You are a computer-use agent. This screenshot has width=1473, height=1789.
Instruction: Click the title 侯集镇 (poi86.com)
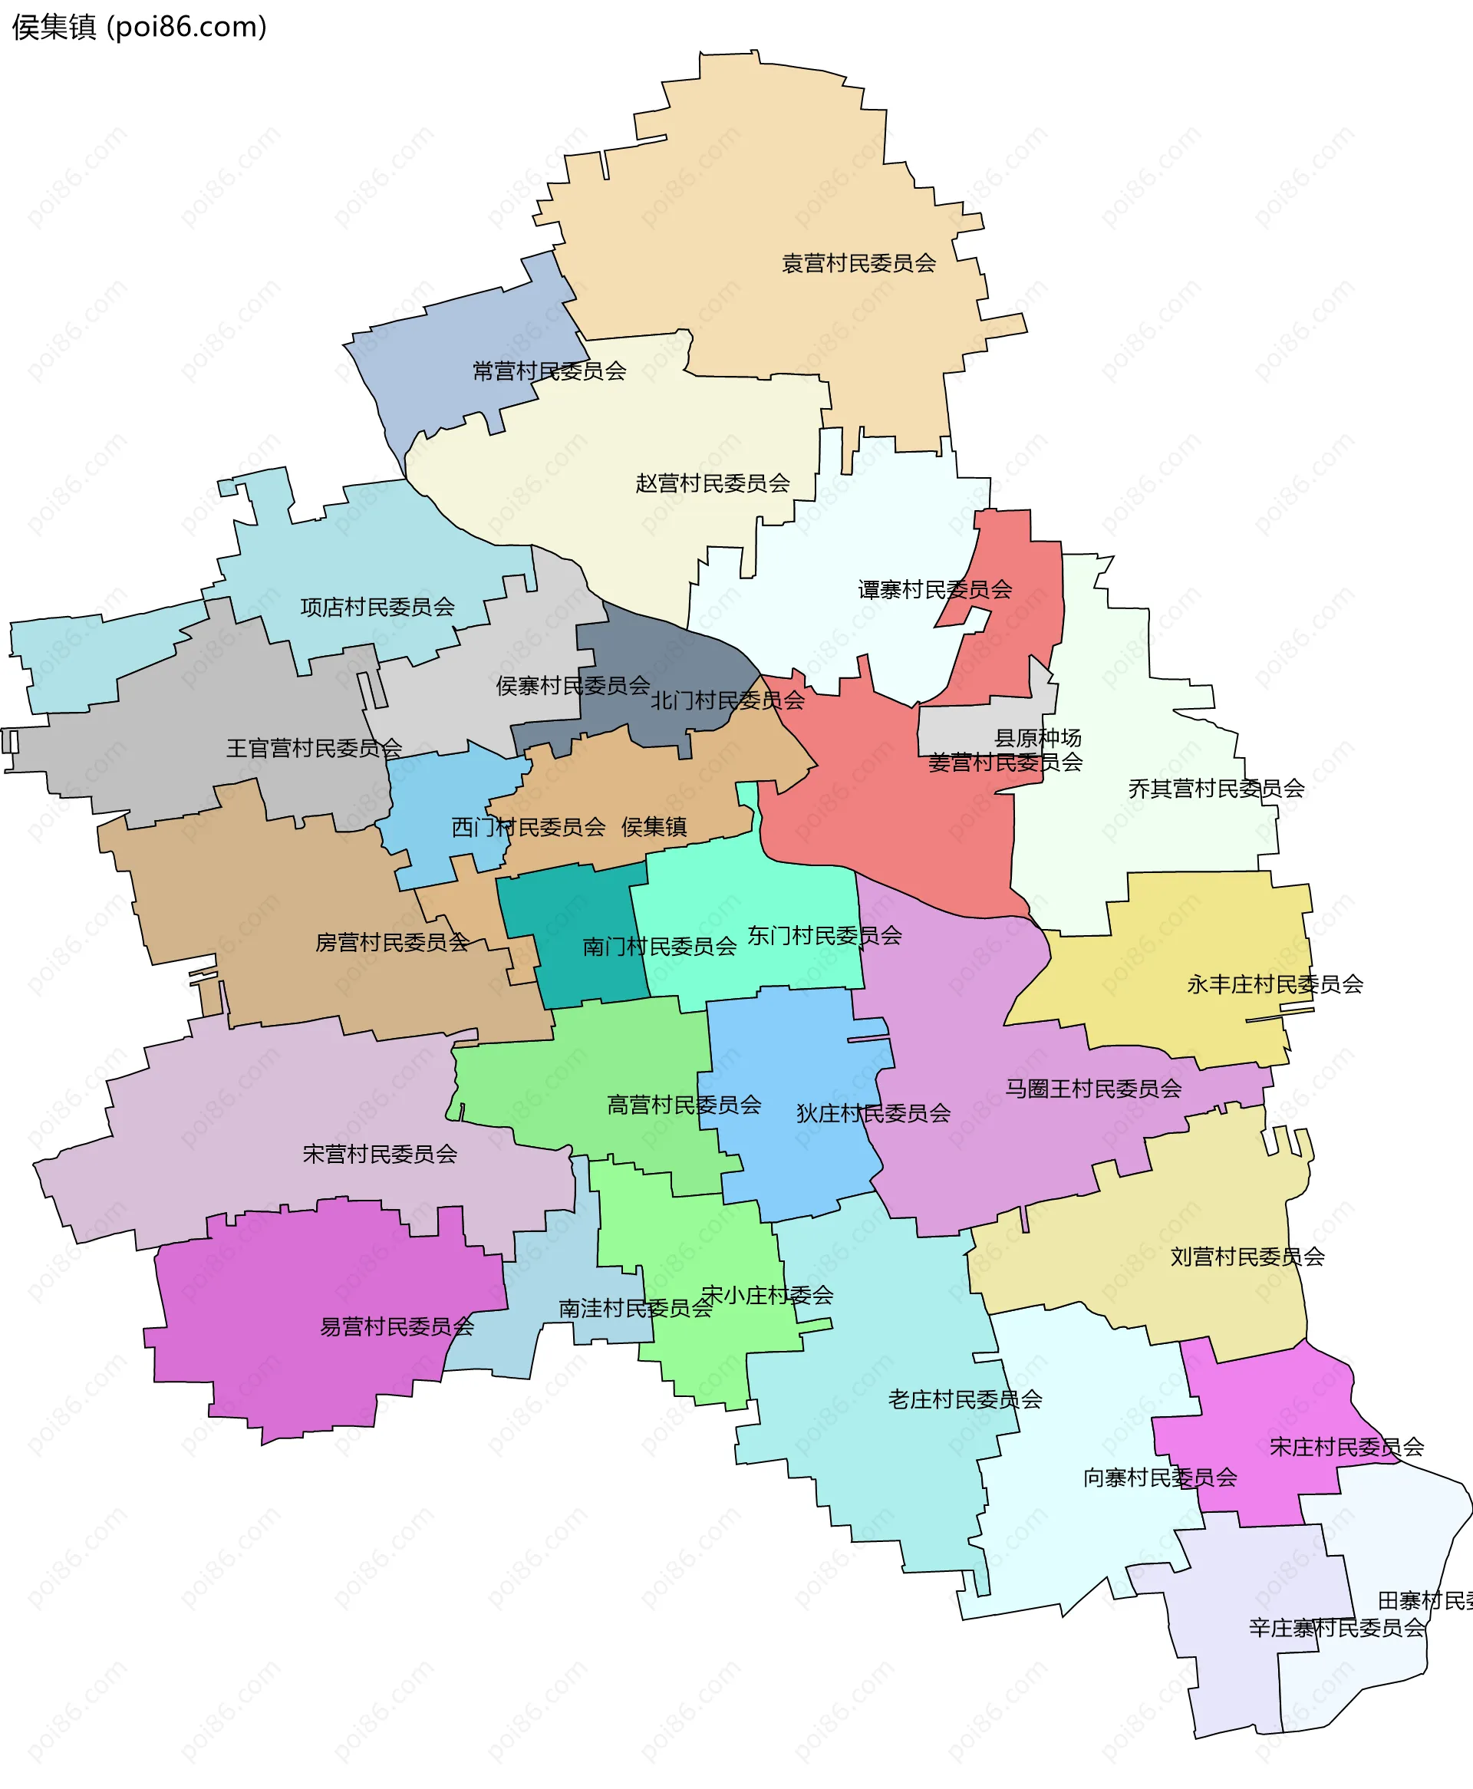(x=139, y=27)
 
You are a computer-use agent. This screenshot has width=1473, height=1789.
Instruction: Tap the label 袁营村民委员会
(x=858, y=264)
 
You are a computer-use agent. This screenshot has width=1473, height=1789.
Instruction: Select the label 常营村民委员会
(x=549, y=371)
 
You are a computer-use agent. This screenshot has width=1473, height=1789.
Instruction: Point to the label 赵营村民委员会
(x=713, y=483)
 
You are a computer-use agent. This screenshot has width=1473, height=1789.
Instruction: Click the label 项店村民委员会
(x=377, y=608)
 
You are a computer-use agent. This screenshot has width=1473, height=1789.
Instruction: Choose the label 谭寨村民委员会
(x=934, y=589)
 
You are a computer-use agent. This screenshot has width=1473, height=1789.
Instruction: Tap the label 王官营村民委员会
(x=314, y=748)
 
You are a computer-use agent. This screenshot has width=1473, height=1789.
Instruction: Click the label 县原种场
(x=1038, y=737)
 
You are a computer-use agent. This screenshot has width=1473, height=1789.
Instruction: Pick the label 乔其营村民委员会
(x=1216, y=789)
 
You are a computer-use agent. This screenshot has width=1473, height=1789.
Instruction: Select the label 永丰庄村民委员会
(x=1274, y=984)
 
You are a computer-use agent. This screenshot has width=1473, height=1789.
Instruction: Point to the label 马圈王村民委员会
(x=1093, y=1089)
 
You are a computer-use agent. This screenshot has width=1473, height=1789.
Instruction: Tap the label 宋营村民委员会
(x=380, y=1154)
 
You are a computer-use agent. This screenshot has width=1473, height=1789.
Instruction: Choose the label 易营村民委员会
(x=396, y=1326)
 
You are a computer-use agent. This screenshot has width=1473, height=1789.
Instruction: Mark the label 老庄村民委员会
(x=965, y=1399)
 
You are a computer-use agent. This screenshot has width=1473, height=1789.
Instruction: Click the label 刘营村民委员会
(x=1247, y=1257)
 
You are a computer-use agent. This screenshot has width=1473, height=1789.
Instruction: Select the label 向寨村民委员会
(x=1160, y=1478)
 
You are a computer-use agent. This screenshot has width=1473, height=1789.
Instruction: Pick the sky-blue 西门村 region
(x=441, y=806)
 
